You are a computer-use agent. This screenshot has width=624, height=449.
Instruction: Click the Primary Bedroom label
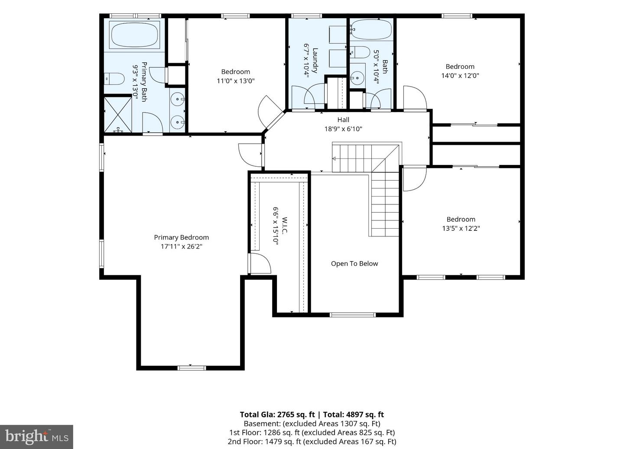[181, 237]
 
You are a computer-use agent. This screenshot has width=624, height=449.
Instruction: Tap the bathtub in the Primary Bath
[134, 36]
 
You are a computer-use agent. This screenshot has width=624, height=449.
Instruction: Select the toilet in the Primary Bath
[114, 79]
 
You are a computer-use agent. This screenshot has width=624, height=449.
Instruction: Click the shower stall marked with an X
[118, 115]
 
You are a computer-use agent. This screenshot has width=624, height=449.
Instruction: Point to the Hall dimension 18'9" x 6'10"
[343, 129]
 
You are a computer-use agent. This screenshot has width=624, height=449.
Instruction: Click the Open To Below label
[354, 264]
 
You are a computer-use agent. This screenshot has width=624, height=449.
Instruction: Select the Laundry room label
[315, 61]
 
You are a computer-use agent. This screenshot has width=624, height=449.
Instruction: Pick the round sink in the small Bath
[357, 78]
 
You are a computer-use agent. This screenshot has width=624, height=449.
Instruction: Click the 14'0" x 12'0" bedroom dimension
[460, 75]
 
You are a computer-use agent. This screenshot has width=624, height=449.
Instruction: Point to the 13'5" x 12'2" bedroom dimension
[461, 228]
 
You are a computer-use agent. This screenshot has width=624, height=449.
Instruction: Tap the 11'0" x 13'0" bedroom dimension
[236, 81]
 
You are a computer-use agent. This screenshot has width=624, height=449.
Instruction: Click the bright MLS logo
[36, 437]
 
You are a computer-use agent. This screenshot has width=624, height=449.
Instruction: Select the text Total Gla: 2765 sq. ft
[277, 415]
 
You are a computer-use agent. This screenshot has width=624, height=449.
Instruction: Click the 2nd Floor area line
[312, 442]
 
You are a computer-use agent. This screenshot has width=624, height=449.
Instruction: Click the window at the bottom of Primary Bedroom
[192, 368]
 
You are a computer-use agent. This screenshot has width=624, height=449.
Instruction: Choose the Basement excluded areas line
[312, 423]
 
